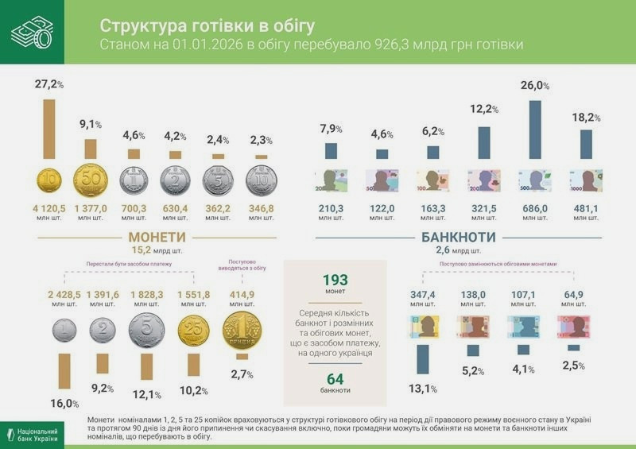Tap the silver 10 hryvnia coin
pyautogui.click(x=262, y=180)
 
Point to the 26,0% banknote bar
pyautogui.click(x=535, y=129)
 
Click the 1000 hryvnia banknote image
pyautogui.click(x=586, y=180)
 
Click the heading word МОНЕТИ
pyautogui.click(x=157, y=237)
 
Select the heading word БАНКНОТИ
pyautogui.click(x=458, y=237)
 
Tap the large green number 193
pyautogui.click(x=335, y=281)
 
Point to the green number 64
pyautogui.click(x=335, y=378)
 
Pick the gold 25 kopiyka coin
pyautogui.click(x=193, y=331)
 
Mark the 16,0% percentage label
pyautogui.click(x=64, y=403)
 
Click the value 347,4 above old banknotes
pyautogui.click(x=423, y=294)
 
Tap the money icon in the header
pyautogui.click(x=32, y=32)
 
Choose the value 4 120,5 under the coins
pyautogui.click(x=49, y=208)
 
